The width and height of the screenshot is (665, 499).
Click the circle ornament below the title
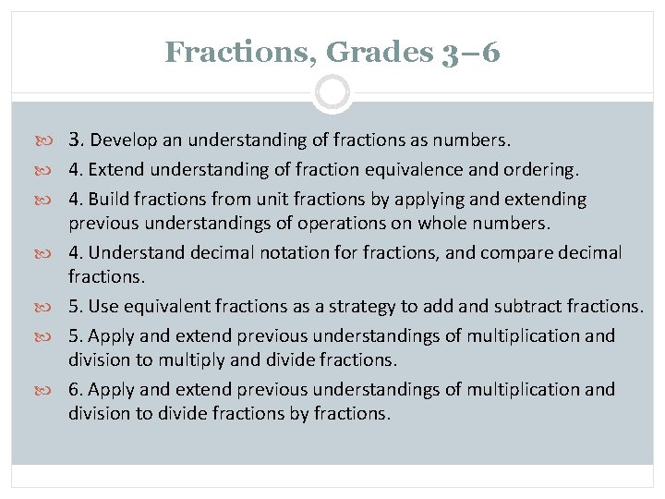tap(332, 92)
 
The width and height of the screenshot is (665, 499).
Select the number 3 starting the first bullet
tap(75, 140)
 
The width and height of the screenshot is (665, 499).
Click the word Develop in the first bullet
tap(125, 140)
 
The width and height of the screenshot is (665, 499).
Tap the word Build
tap(110, 200)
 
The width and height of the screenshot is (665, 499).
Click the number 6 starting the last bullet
tap(74, 390)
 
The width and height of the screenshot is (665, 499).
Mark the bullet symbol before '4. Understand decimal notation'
tap(52, 253)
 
